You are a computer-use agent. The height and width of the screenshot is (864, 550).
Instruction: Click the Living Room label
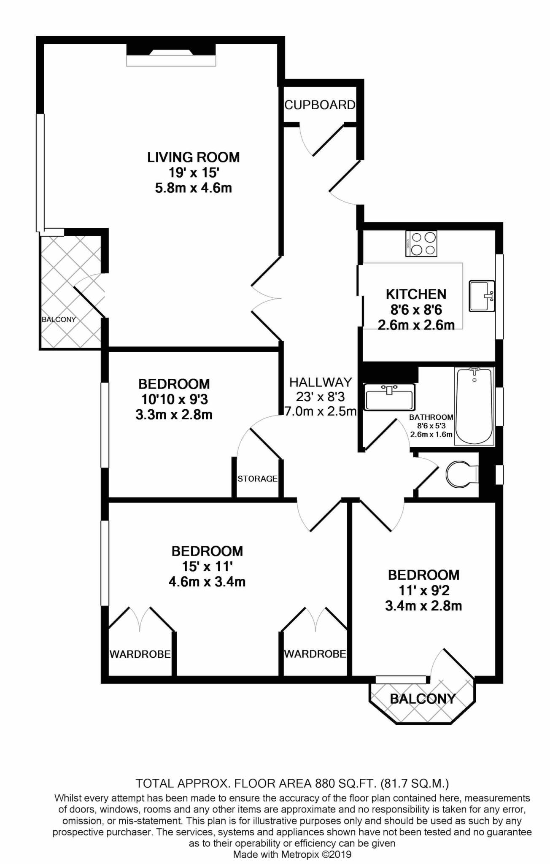tap(194, 157)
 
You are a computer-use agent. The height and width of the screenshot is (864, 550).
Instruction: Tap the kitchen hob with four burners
tap(421, 243)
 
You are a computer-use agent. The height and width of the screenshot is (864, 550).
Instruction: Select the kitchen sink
tap(482, 296)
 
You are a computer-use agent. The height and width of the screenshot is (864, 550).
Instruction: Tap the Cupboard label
tap(320, 105)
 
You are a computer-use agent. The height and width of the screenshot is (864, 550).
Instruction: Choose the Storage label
tap(257, 478)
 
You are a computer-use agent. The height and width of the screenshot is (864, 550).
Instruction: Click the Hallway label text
tap(321, 382)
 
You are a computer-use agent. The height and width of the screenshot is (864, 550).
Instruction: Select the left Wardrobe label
tap(140, 654)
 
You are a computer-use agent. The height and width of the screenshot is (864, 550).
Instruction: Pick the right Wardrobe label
tap(315, 654)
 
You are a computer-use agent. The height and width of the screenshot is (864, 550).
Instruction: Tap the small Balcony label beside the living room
tap(59, 319)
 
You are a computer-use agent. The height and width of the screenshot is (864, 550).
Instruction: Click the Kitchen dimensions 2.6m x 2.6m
tap(416, 325)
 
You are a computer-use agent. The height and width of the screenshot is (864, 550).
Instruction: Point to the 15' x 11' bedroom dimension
tap(207, 566)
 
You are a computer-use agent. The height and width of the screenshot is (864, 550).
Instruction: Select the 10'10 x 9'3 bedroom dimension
tap(174, 399)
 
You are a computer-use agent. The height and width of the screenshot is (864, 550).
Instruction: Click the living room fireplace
tap(171, 55)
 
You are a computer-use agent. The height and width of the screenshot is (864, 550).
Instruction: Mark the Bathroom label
tap(431, 417)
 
